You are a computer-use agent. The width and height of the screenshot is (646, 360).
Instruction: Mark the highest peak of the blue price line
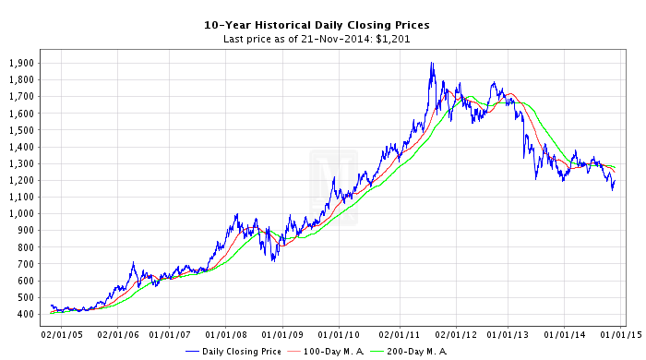coord(431,63)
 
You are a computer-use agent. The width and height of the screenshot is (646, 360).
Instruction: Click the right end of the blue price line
coord(615,179)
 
